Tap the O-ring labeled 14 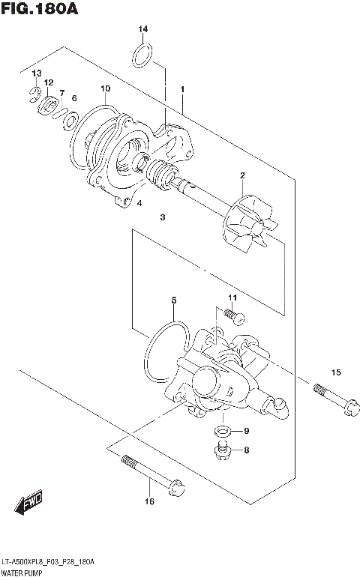(144, 55)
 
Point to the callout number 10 (105, 89)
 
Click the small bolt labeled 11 (232, 317)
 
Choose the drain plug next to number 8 (221, 450)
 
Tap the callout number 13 (35, 72)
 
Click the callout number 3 (161, 218)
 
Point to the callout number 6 (74, 98)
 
